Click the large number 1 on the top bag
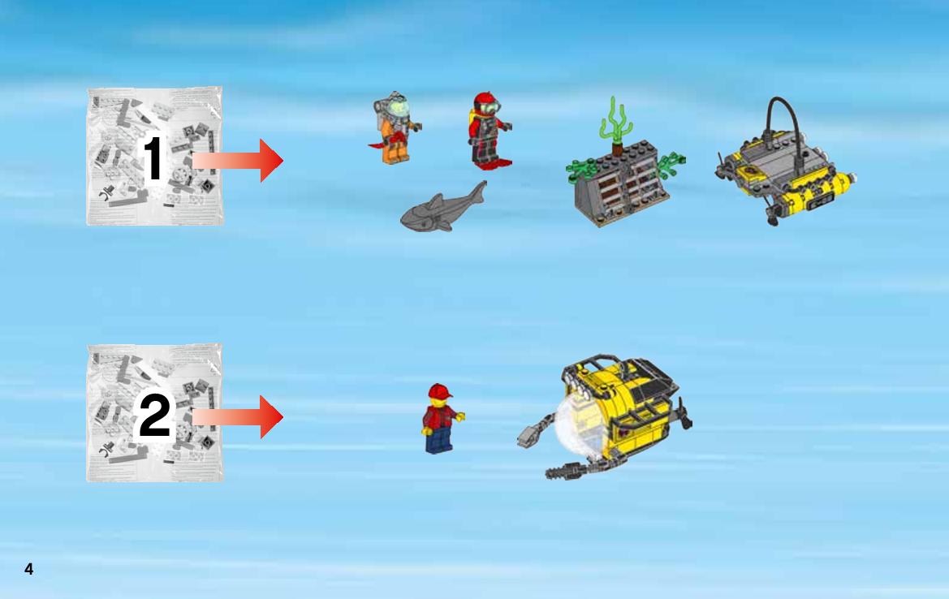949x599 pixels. point(153,157)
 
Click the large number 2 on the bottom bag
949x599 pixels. point(154,415)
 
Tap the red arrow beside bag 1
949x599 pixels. point(237,161)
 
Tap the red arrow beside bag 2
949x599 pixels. point(237,417)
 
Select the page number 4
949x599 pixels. point(28,569)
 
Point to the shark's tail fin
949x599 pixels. point(478,192)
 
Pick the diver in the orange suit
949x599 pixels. point(395,128)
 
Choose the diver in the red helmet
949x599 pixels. point(488,130)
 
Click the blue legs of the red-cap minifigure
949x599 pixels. point(439,441)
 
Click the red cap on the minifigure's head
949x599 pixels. point(439,391)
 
